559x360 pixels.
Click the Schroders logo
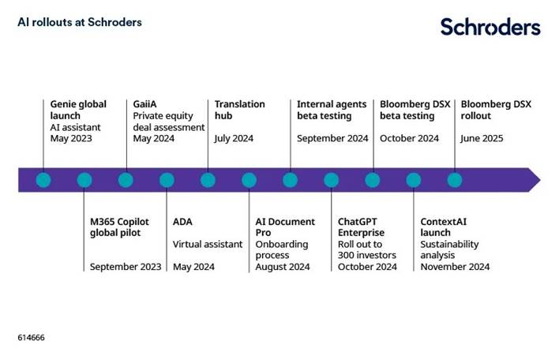(490, 27)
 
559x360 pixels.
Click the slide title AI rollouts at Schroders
(80, 22)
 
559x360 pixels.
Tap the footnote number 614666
(31, 338)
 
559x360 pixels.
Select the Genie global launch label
(78, 110)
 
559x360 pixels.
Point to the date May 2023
(71, 138)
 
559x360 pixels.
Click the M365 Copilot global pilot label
(119, 227)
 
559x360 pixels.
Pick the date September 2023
(126, 267)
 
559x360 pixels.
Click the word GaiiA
(144, 104)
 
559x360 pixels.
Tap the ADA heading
(182, 222)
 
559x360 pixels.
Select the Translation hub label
(239, 110)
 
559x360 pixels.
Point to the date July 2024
(234, 138)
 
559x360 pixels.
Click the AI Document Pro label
(285, 227)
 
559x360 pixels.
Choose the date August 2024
(283, 267)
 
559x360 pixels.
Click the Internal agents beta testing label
(332, 110)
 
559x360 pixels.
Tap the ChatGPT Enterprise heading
(361, 227)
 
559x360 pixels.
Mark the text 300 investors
(367, 255)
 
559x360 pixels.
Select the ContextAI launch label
(443, 227)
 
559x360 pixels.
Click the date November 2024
(455, 267)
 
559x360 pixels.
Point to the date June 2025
(482, 138)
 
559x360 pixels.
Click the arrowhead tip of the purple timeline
(541, 180)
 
